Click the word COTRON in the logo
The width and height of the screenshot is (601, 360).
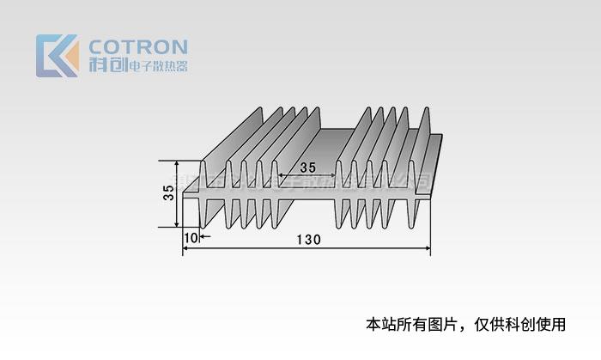[x=137, y=46]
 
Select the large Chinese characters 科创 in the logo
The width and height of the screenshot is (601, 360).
[x=106, y=64]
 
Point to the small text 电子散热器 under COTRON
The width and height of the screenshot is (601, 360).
[x=156, y=65]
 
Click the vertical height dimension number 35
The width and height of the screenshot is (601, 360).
[x=168, y=193]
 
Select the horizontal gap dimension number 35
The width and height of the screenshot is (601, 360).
[x=307, y=167]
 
